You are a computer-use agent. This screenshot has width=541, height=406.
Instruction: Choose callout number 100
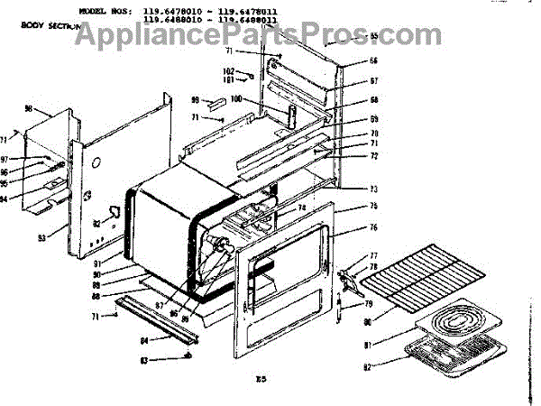(237, 99)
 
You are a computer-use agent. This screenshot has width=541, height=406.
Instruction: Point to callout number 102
(228, 70)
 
